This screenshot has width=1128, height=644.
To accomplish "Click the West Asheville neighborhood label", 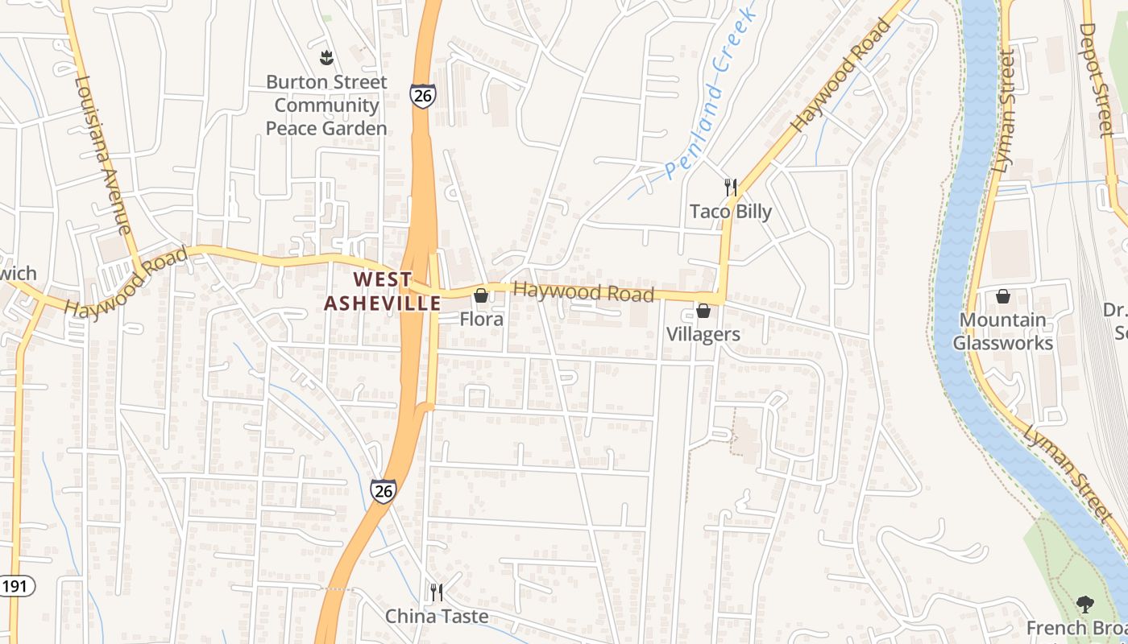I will pos(382,291).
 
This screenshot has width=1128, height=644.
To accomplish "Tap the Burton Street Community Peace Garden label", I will pos(326,105).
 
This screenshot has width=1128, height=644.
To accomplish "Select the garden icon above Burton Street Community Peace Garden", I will pos(326,57).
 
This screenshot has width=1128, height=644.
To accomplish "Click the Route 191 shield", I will pos(16,586).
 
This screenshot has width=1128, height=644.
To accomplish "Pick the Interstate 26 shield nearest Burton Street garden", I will pos(422,95).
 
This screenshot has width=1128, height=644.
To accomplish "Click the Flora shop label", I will pos(481,319).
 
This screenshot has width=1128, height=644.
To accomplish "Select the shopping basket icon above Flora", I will pos(481,295).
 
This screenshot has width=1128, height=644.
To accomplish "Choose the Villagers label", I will pos(703,333).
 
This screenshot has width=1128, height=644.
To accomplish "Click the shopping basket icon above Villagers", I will pos(703,310).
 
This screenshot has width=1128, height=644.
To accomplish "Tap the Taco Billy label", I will pos(730,212).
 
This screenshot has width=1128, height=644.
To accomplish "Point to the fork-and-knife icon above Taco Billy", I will pos(730,188).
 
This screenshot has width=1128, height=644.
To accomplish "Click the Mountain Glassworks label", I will pos(1002,332).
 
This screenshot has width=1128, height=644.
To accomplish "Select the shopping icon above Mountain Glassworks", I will pos(1003,296).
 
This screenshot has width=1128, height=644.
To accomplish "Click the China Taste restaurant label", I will pos(436,616).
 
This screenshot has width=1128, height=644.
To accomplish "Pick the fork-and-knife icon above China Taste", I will pos(436,592).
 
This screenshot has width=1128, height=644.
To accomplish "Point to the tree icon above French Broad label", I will pos(1085,604).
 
